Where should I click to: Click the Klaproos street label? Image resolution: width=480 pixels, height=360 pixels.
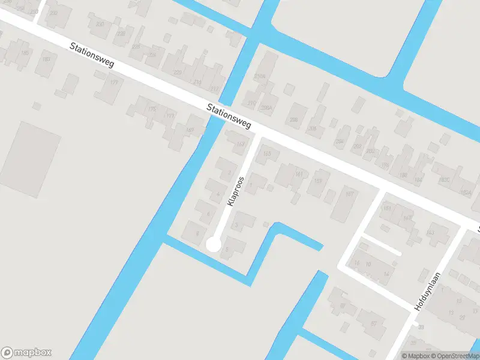pos(235,191)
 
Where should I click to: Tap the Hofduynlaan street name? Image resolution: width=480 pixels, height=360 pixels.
pos(427,292)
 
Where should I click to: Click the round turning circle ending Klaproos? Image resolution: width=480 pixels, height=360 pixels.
pos(213,244)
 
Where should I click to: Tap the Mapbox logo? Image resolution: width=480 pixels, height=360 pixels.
pos(26,353)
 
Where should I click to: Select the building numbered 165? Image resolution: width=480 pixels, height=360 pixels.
pos(267,154)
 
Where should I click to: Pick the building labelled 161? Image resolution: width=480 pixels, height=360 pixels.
pos(298,174)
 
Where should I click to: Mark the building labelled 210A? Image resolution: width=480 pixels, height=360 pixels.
pos(259,77)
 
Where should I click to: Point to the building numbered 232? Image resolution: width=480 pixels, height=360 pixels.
pos(54,13)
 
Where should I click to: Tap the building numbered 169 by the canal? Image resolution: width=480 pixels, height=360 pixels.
pos(190,130)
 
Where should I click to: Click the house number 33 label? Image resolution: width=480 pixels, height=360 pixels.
pos(421,327)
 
